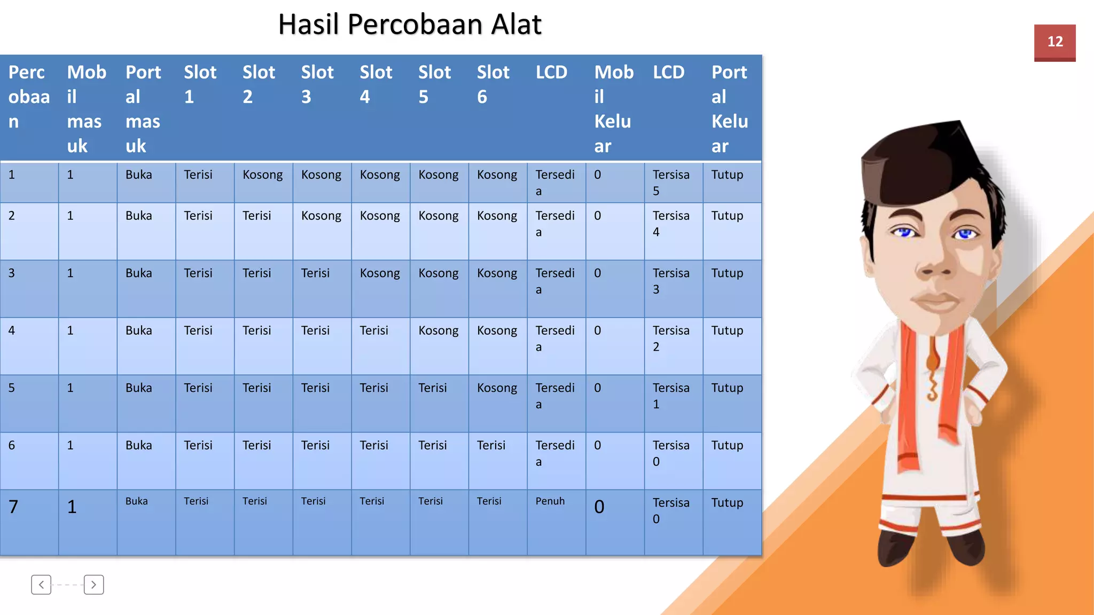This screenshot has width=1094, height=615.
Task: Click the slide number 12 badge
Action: (1054, 42)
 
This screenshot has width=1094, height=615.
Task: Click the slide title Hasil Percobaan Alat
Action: (410, 25)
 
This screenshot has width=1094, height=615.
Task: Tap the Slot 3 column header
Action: (317, 84)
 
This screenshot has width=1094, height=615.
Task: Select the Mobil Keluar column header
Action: (614, 109)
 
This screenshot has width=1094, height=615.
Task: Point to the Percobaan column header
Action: (29, 97)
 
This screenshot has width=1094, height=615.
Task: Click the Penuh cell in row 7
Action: (550, 501)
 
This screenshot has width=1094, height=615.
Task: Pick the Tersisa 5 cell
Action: (671, 183)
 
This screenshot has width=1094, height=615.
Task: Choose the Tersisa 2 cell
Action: (671, 338)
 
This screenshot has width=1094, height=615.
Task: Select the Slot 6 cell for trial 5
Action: (497, 388)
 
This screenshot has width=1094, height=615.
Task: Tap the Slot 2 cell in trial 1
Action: (262, 175)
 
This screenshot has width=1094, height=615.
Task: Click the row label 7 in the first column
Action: (13, 507)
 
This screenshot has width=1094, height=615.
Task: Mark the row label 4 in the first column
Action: (12, 330)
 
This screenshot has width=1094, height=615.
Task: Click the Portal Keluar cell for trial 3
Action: (727, 273)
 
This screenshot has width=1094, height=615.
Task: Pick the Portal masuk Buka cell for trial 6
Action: (138, 445)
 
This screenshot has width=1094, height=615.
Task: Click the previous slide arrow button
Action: (41, 585)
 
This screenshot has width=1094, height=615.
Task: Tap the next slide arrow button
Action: (93, 585)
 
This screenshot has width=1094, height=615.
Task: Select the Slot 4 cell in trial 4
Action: (374, 331)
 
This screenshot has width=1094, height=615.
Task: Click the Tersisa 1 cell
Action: (671, 396)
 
